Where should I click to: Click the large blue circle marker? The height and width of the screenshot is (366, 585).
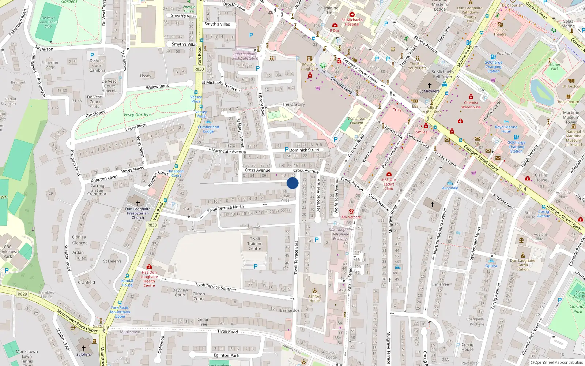(x=292, y=183)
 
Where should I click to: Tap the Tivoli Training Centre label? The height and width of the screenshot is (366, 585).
(x=255, y=244)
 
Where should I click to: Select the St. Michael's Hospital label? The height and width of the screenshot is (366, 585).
(x=352, y=22)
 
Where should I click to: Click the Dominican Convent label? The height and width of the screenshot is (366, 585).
(x=356, y=120)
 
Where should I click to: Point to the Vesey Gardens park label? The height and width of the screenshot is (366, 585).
(x=137, y=115)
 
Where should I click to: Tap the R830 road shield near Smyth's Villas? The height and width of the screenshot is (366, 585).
(x=199, y=69)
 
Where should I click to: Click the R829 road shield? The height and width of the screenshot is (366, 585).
(x=22, y=294)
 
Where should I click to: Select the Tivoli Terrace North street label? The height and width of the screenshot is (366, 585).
(x=226, y=209)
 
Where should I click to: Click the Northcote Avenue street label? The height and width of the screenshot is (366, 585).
(x=229, y=151)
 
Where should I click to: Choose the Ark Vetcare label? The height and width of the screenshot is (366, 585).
(x=351, y=217)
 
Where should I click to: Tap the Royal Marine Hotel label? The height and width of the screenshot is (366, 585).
(x=506, y=129)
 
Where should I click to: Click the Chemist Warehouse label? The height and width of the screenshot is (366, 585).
(x=471, y=105)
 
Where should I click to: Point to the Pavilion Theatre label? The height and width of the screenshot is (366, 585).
(x=500, y=32)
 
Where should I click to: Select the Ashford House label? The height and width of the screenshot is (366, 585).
(x=315, y=298)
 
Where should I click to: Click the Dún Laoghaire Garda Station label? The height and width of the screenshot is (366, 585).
(x=522, y=265)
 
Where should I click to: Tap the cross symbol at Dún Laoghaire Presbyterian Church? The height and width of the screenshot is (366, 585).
(x=138, y=202)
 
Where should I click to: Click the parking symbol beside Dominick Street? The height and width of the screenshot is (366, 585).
(x=287, y=149)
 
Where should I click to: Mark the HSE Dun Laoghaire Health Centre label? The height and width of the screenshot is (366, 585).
(x=149, y=279)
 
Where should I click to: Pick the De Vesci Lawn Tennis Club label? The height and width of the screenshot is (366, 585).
(x=48, y=22)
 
